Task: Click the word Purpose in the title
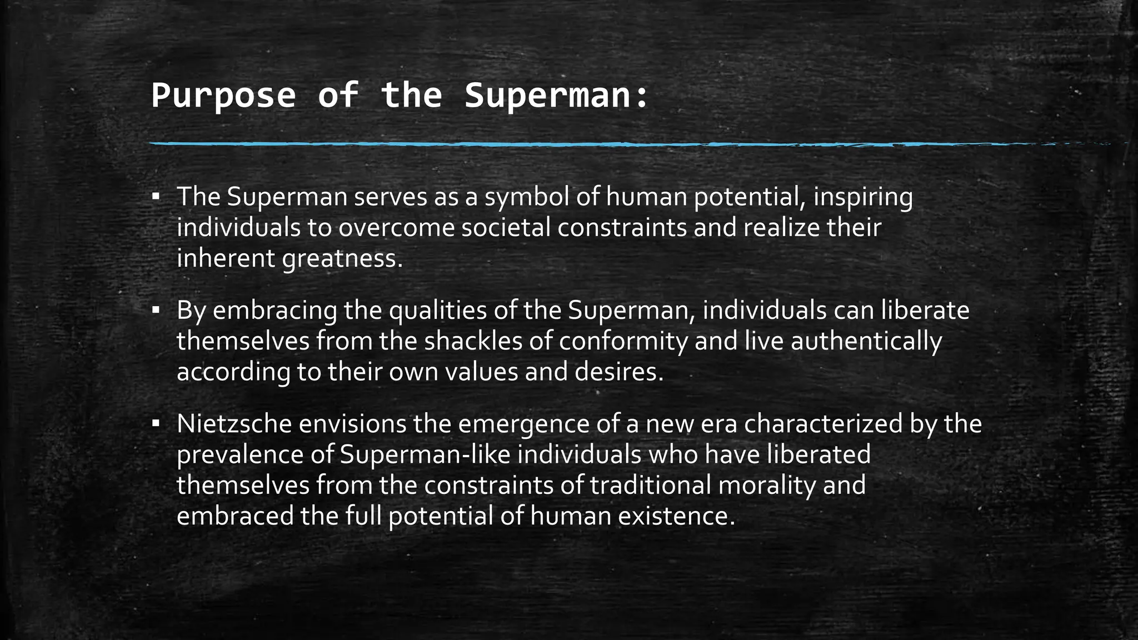coord(223,96)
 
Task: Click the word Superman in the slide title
coord(556,96)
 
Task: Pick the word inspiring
coord(863,198)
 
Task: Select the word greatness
coord(342,258)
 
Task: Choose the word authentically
coord(866,341)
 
